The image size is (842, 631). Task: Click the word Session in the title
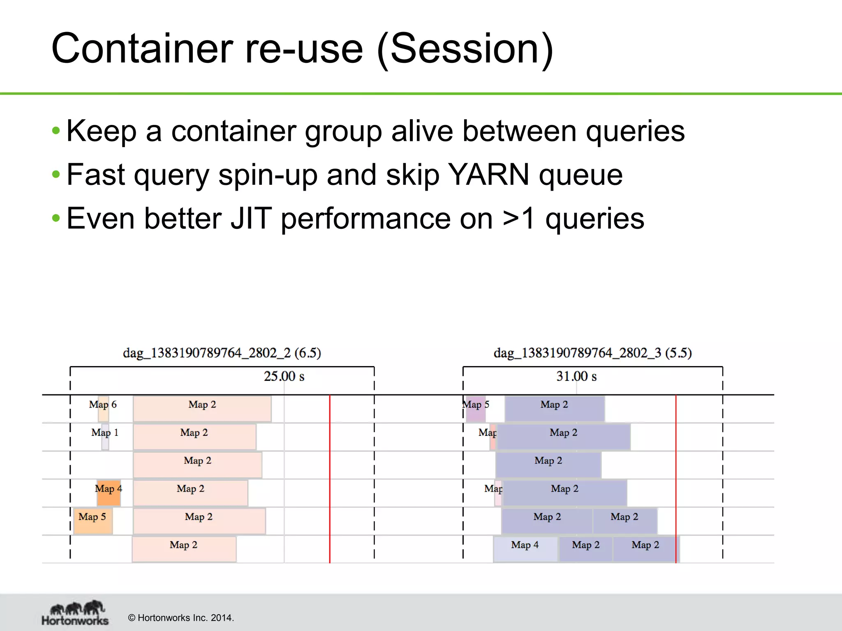click(465, 49)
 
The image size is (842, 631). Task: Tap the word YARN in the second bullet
click(488, 175)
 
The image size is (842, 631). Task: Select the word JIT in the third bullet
click(251, 219)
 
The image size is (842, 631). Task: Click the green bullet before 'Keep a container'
click(56, 131)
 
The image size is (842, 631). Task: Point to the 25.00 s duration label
click(284, 376)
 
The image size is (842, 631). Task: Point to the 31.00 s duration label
click(576, 376)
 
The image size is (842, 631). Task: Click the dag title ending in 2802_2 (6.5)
click(222, 353)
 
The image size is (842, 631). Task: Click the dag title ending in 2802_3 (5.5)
click(592, 353)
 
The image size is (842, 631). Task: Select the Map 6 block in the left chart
click(103, 408)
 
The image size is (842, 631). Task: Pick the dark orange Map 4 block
click(109, 493)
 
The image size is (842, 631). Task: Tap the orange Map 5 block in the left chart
click(93, 520)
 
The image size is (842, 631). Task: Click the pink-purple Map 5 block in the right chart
click(475, 409)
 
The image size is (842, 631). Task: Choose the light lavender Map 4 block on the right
click(525, 549)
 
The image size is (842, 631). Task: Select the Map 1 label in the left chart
click(105, 433)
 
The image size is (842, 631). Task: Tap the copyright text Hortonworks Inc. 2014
click(181, 618)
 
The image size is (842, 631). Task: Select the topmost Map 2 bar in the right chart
click(554, 408)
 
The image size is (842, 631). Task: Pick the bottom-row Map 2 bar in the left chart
click(184, 549)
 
